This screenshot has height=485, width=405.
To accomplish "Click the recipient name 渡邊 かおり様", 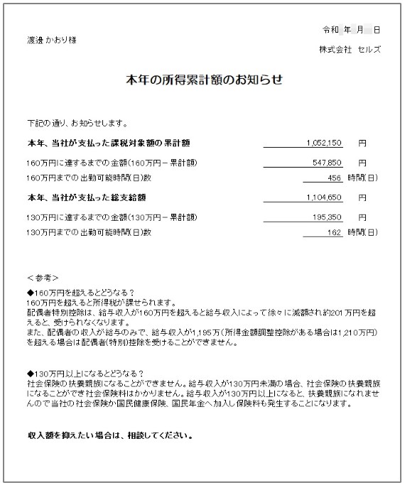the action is (52, 40).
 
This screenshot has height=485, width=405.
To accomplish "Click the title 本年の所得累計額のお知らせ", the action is (204, 80).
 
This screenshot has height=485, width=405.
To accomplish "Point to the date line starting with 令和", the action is (351, 30).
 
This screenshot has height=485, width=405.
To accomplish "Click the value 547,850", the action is (328, 162).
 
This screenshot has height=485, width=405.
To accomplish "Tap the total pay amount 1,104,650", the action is (324, 197).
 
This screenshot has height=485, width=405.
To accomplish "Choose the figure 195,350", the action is (328, 217).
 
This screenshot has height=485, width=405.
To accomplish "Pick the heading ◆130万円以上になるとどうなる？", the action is (85, 374).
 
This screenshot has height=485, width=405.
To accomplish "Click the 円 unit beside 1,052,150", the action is (362, 142).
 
